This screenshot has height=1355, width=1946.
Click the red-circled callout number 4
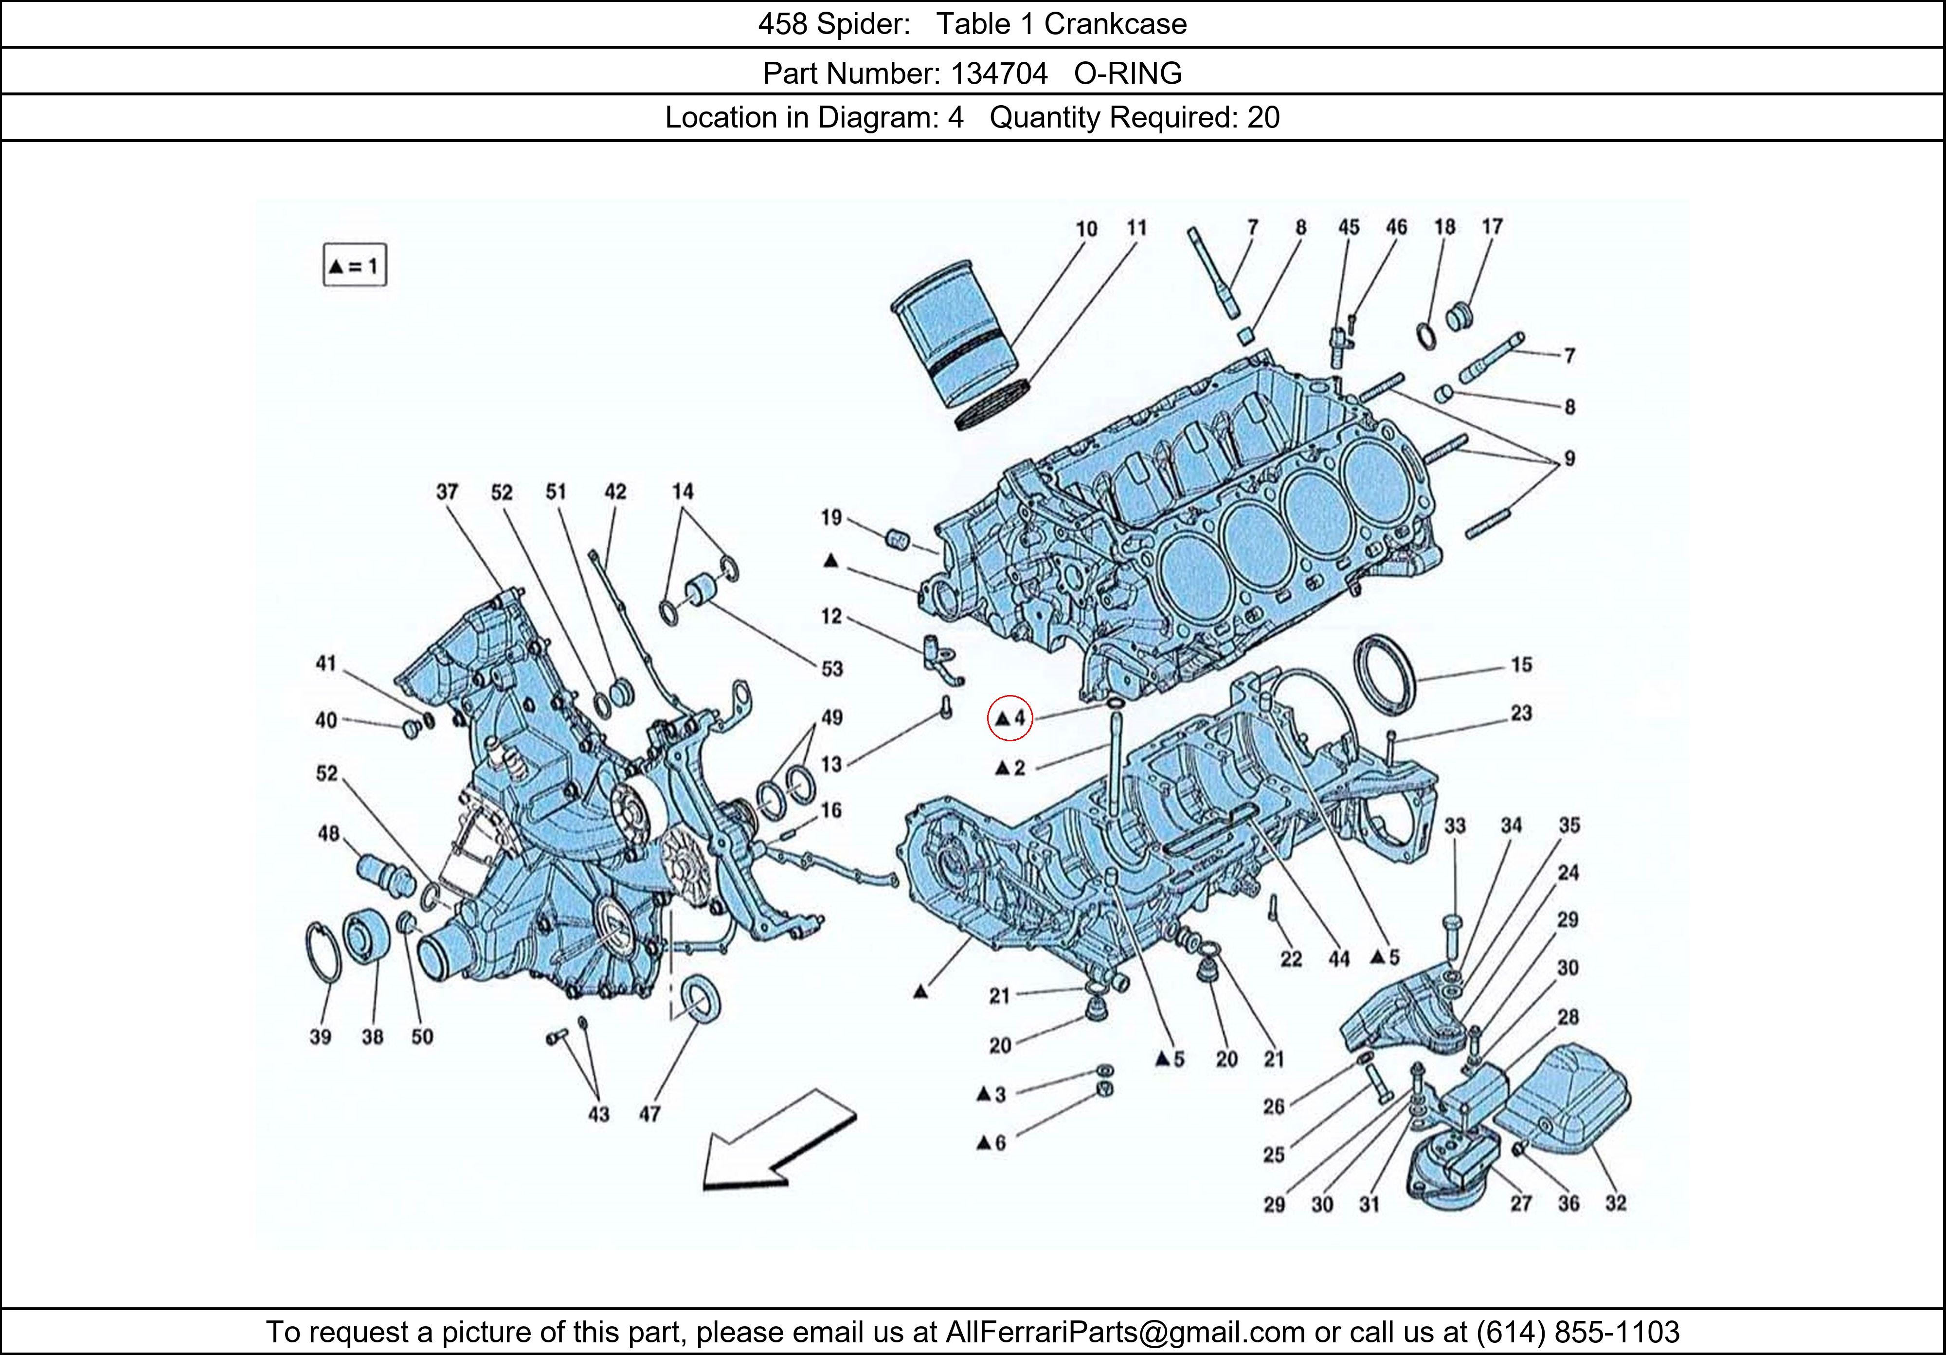tap(1011, 719)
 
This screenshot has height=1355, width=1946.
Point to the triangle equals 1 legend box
tap(354, 266)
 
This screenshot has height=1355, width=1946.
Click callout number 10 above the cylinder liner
tap(1086, 229)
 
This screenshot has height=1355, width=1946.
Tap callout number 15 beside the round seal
tap(1521, 665)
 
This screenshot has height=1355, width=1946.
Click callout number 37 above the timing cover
tap(447, 492)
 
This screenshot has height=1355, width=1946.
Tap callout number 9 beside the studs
tap(1569, 459)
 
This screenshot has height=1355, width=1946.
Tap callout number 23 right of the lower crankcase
tap(1521, 713)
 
